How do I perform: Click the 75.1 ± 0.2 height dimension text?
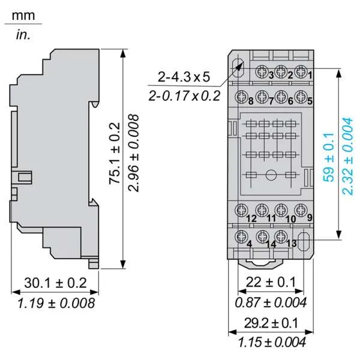tap(114, 154)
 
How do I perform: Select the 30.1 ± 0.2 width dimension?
tap(55, 283)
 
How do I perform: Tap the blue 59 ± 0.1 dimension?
tap(328, 157)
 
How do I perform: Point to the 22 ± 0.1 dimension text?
tap(271, 282)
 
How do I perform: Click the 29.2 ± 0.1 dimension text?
tap(271, 323)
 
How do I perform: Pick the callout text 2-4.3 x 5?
tap(184, 77)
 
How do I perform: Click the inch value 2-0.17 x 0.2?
tap(184, 96)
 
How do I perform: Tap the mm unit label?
tap(23, 16)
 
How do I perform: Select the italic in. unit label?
tap(23, 35)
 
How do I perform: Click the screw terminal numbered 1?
tap(301, 71)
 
